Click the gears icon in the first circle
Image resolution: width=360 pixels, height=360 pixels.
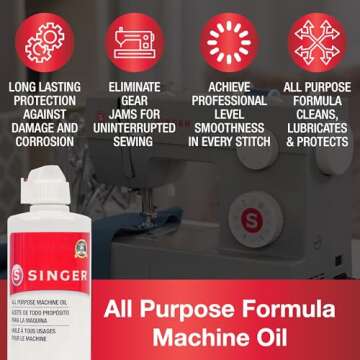pyautogui.click(x=44, y=43)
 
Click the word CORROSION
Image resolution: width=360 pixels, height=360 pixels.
pyautogui.click(x=45, y=142)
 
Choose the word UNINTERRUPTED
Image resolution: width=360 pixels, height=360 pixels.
pyautogui.click(x=134, y=128)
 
